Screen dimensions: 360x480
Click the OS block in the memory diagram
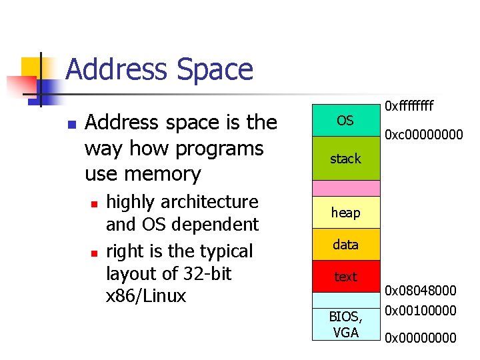[x=345, y=121]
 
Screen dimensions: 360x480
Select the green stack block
[x=345, y=159]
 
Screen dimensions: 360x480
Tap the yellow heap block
[x=345, y=213]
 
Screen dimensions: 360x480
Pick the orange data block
[x=345, y=245]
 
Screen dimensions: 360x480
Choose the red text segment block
[x=345, y=276]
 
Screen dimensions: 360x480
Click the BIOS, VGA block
[x=345, y=324]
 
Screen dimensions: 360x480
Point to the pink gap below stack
[x=345, y=188]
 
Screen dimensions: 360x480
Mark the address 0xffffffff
[x=410, y=105]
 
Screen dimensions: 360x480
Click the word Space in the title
[x=213, y=70]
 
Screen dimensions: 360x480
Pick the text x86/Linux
[x=146, y=296]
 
